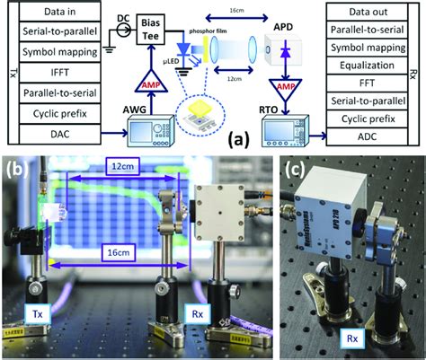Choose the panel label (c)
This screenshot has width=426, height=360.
pyautogui.click(x=296, y=168)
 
